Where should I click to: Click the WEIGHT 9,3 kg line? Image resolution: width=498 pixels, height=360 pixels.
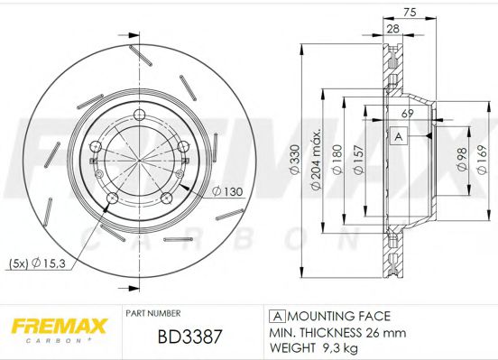314,346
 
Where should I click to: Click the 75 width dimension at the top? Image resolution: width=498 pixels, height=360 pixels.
410,12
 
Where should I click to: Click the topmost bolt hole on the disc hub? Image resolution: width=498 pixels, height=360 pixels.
138,114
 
